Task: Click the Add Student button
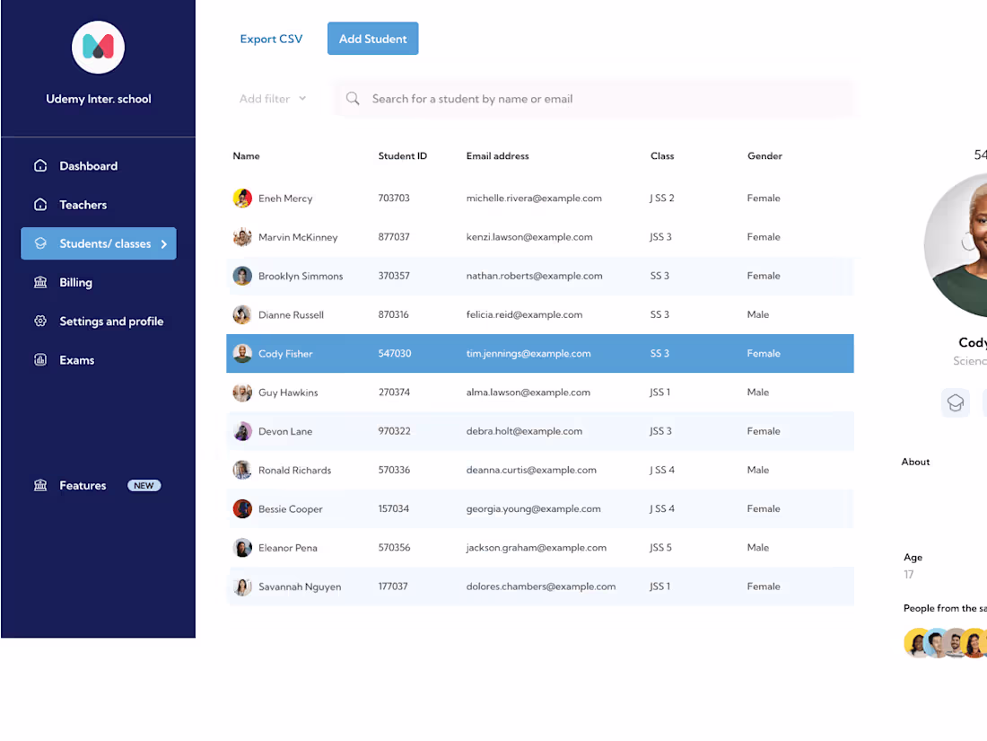click(x=372, y=39)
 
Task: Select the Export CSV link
click(x=271, y=39)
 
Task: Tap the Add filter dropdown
click(x=273, y=99)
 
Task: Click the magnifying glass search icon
click(x=354, y=99)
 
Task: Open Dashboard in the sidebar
click(x=88, y=166)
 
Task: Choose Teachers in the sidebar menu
click(x=83, y=205)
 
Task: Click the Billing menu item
click(x=75, y=282)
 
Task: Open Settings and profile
click(x=110, y=322)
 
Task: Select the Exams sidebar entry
click(x=76, y=360)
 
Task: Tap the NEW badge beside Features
click(x=144, y=486)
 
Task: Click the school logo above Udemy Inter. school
click(x=98, y=48)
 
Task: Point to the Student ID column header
click(x=402, y=156)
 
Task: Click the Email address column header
click(x=497, y=156)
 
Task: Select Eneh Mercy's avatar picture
click(x=242, y=198)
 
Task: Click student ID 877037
click(x=394, y=237)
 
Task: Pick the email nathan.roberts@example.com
click(x=534, y=276)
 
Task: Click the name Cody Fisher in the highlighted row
click(x=285, y=354)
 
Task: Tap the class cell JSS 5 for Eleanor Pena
click(x=660, y=548)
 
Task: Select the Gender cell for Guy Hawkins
click(x=757, y=393)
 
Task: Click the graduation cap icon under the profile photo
click(x=956, y=402)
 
